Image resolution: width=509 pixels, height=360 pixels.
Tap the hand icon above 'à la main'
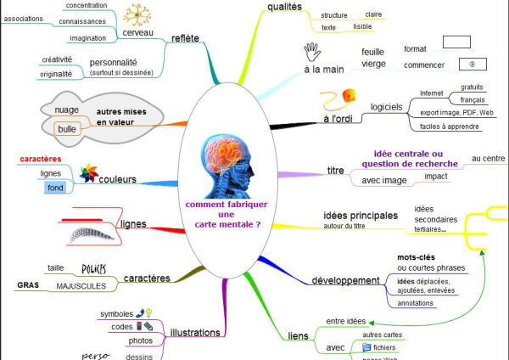pyautogui.click(x=311, y=50)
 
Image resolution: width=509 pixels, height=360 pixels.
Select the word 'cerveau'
pyautogui.click(x=137, y=33)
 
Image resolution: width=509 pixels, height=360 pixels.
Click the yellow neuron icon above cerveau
pyautogui.click(x=137, y=14)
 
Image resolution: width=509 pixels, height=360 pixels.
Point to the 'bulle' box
pyautogui.click(x=65, y=129)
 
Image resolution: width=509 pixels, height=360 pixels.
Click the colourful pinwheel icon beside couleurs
pyautogui.click(x=88, y=173)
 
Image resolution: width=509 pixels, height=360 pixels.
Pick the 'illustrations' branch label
pyautogui.click(x=196, y=332)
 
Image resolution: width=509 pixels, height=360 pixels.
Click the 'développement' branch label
pyautogui.click(x=344, y=280)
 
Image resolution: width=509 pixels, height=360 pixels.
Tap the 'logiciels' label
pyautogui.click(x=386, y=107)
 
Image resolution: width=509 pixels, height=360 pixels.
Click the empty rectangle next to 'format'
pyautogui.click(x=456, y=41)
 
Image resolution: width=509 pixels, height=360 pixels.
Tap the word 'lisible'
pyautogui.click(x=362, y=27)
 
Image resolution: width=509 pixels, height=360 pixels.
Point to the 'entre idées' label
pyautogui.click(x=346, y=321)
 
